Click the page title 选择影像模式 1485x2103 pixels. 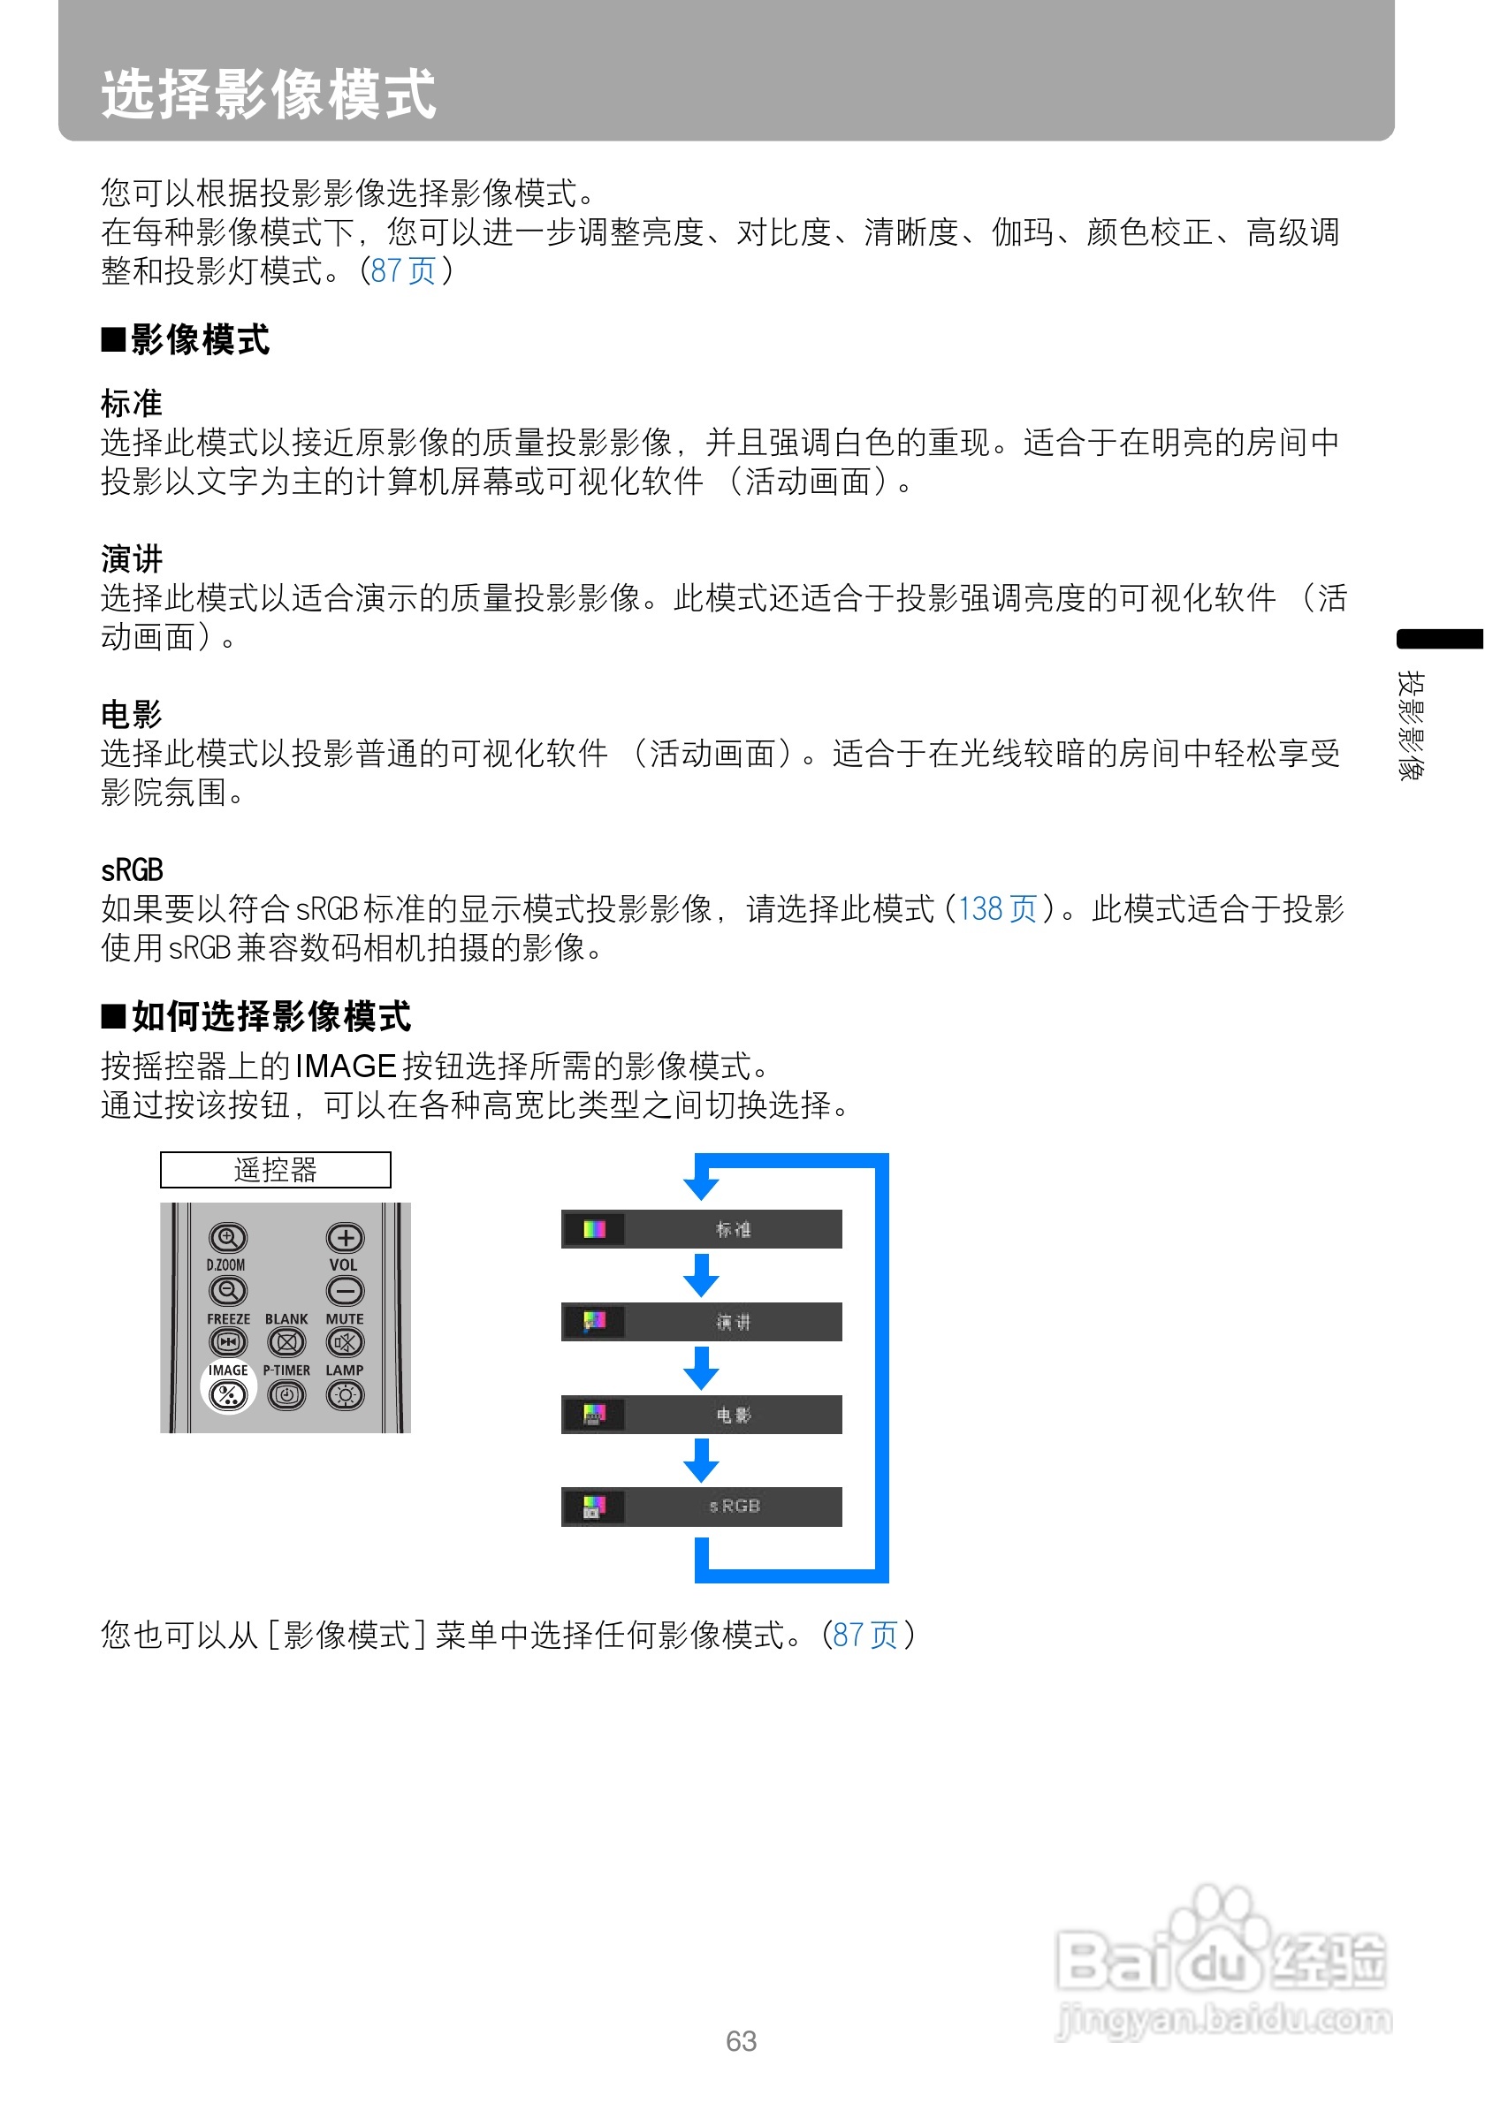268,94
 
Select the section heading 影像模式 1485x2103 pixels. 199,340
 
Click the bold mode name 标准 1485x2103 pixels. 131,403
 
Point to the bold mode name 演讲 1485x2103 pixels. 131,558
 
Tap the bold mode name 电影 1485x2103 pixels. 131,714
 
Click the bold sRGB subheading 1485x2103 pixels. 132,869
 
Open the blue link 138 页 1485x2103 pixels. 997,908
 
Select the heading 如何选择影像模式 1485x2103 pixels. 270,1016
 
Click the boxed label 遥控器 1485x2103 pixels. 275,1170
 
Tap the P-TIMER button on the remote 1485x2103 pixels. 286,1395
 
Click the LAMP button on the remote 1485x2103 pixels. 345,1395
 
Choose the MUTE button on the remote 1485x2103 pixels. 345,1343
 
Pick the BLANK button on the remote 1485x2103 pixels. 286,1343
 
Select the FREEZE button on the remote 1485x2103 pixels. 227,1343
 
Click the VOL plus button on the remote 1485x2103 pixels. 345,1237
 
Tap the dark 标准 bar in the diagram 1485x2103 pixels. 701,1229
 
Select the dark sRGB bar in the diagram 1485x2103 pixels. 701,1506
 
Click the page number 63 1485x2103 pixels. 740,2041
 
